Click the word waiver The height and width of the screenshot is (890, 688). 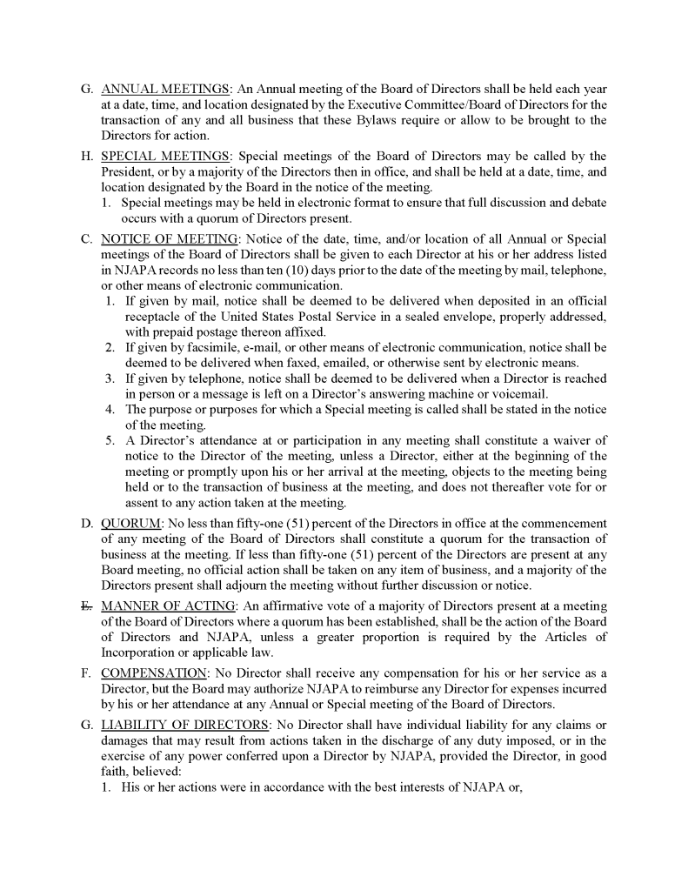(571, 440)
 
